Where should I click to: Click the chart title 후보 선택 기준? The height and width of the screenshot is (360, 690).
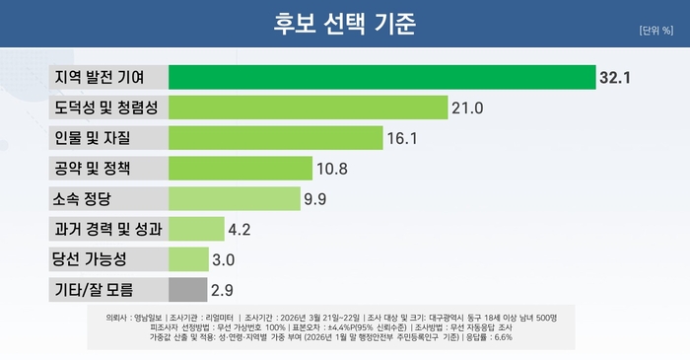[345, 23]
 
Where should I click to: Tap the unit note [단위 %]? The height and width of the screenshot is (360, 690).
[656, 28]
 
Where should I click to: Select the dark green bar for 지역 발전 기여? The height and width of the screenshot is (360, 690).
[381, 77]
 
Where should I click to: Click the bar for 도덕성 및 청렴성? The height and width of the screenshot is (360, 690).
[309, 107]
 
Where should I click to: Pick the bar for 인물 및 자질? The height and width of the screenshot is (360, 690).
[275, 137]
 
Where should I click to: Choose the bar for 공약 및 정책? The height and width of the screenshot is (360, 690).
[240, 168]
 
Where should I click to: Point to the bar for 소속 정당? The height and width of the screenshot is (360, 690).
[234, 198]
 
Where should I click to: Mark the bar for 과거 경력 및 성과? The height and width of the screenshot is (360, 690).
[196, 229]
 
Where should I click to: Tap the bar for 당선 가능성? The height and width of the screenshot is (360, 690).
[188, 259]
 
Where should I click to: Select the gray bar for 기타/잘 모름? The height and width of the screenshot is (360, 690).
[187, 290]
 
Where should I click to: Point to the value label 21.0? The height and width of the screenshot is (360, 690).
[466, 108]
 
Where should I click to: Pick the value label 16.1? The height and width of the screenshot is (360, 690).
[401, 138]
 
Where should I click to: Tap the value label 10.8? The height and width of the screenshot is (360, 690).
[332, 169]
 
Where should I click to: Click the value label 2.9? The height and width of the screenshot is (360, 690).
[223, 291]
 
